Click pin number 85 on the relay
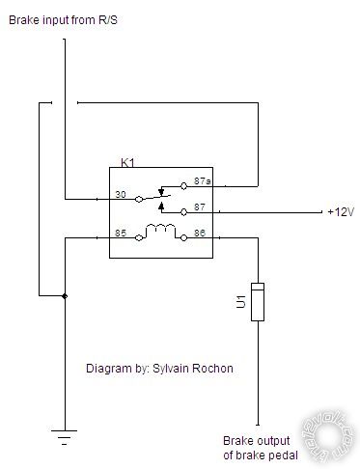(x=120, y=232)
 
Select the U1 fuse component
(x=258, y=302)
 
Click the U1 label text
(x=241, y=302)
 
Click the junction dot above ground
(x=64, y=295)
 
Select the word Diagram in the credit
(x=108, y=368)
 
